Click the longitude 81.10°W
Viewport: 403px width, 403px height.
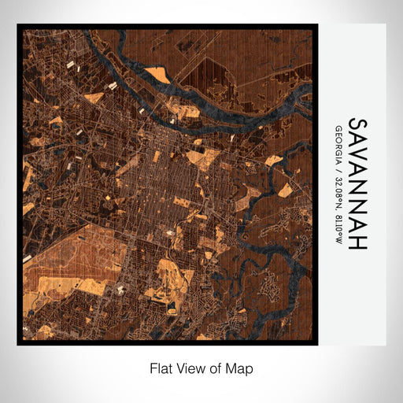[x=338, y=224]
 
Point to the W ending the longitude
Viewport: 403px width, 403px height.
[x=338, y=238]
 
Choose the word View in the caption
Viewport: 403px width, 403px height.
[x=190, y=368]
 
